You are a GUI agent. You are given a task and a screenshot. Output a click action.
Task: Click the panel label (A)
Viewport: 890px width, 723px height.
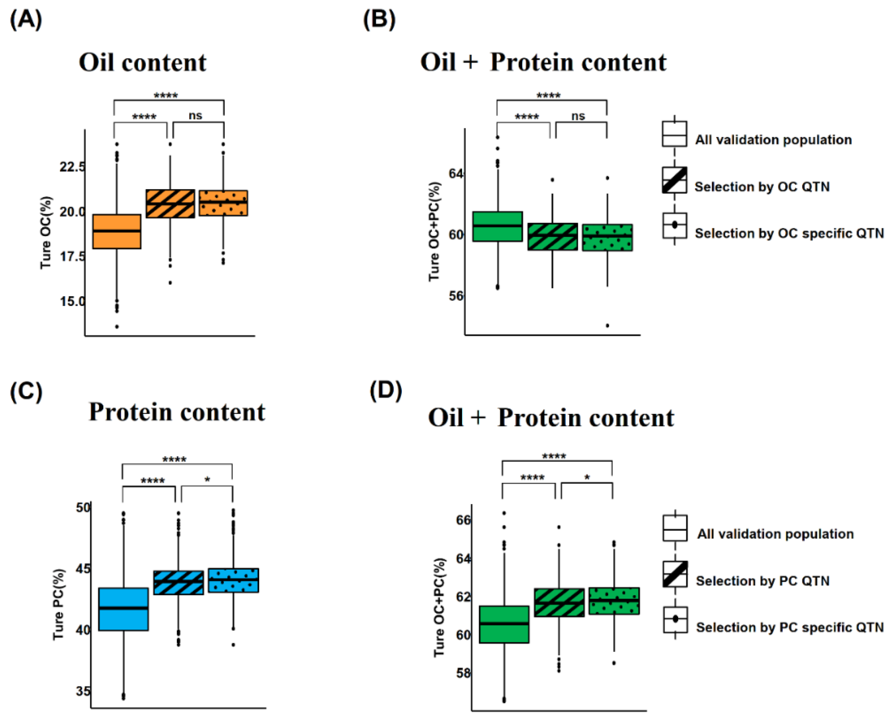point(26,19)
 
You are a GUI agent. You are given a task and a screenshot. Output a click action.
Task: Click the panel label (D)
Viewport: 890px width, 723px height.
point(385,391)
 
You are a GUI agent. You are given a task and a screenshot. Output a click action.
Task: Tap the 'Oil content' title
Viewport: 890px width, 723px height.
point(143,62)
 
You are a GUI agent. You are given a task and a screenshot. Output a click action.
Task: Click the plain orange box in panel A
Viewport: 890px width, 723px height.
point(117,232)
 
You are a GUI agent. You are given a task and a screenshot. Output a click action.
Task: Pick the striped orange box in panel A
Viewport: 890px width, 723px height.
point(170,204)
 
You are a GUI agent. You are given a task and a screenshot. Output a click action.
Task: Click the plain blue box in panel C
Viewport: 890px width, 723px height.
point(123,609)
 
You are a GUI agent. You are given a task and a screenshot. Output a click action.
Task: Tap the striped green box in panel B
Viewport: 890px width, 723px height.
point(552,236)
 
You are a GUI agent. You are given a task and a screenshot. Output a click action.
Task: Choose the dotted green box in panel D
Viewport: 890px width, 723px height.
point(614,601)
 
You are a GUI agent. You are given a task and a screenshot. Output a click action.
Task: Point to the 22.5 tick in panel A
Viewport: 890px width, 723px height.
point(72,167)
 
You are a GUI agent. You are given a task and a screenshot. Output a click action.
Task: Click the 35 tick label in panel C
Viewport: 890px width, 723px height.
point(83,691)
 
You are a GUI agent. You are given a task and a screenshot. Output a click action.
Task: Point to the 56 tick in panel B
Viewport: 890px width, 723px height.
point(456,296)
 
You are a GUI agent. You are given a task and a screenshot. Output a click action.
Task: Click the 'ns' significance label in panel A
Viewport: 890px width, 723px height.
point(195,115)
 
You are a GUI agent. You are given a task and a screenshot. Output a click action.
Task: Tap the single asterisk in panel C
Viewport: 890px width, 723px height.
point(207,480)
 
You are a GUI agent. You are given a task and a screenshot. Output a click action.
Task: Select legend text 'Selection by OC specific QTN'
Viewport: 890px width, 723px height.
point(789,233)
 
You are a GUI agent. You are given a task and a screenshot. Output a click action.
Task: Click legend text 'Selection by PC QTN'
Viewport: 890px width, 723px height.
point(762,581)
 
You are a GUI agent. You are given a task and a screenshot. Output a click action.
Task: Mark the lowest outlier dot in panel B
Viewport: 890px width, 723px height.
point(607,326)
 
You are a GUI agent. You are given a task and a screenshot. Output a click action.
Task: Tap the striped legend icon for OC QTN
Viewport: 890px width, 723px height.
point(674,180)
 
